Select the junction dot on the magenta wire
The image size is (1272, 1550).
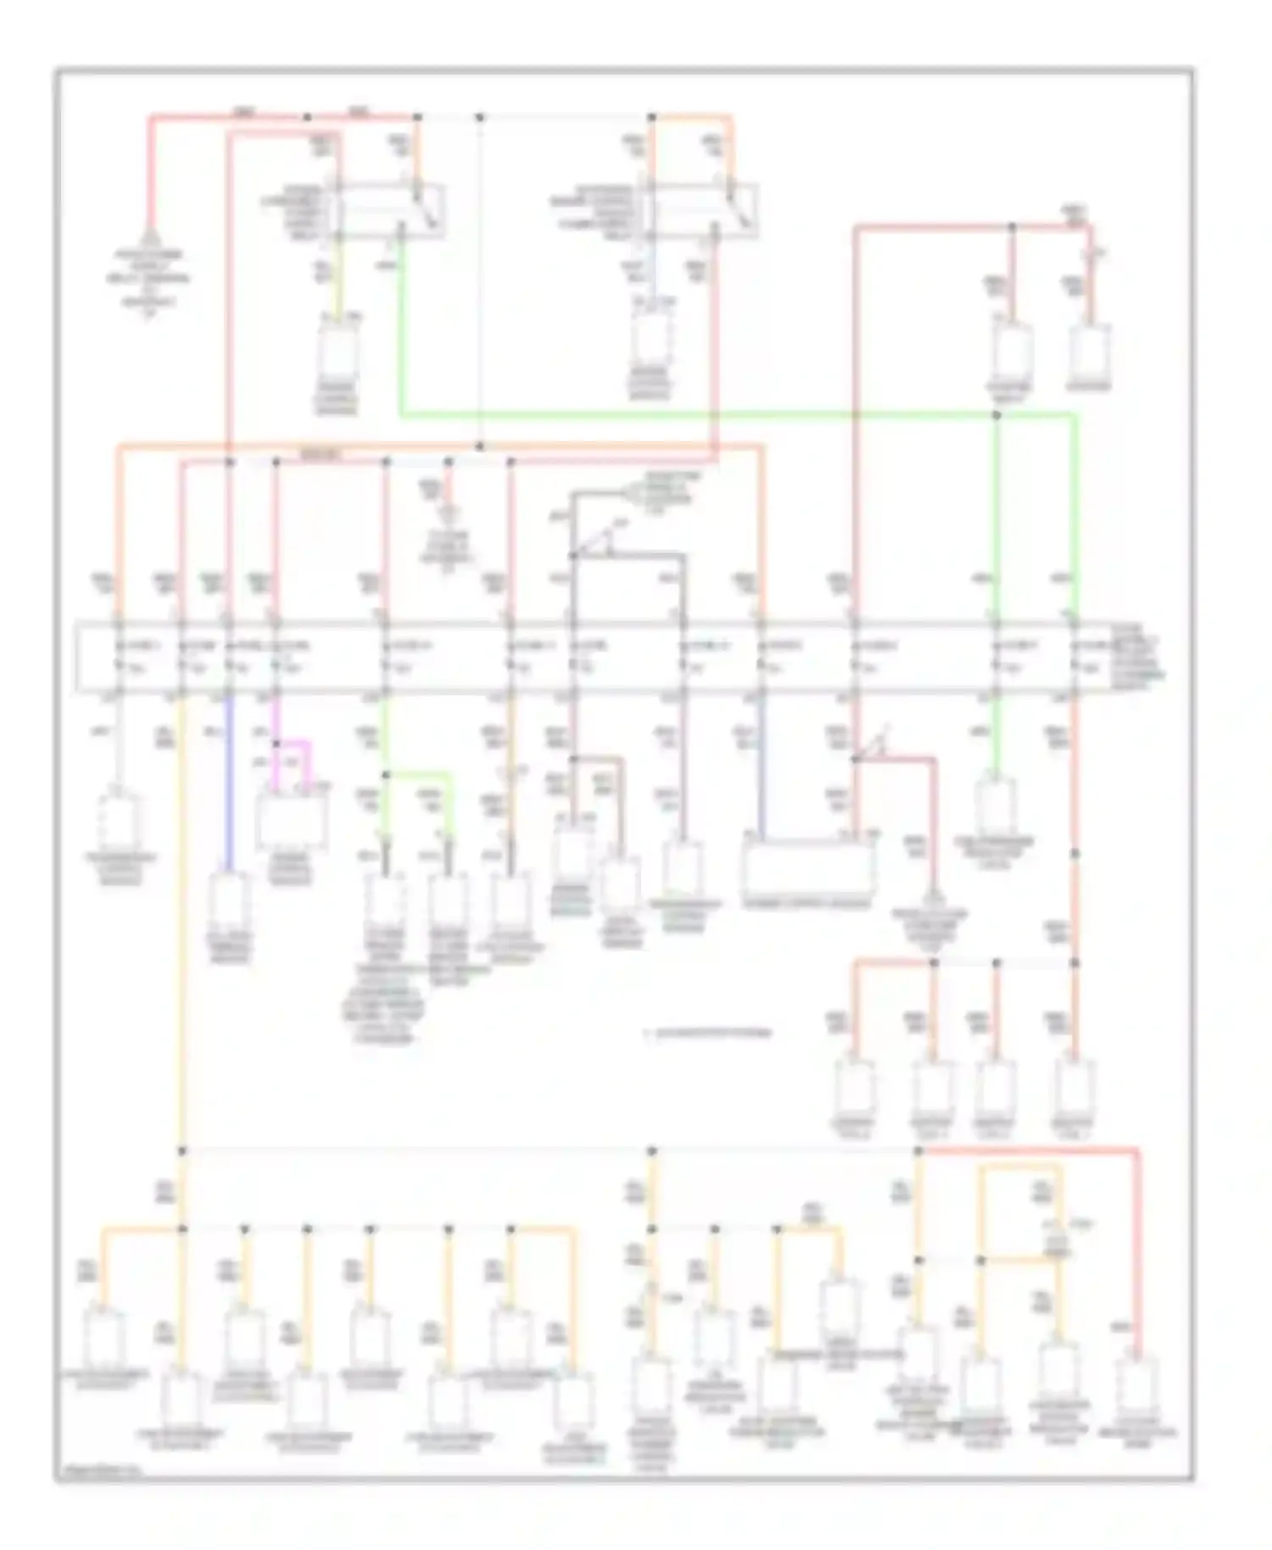click(x=276, y=744)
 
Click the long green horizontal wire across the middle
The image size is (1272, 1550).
click(x=695, y=415)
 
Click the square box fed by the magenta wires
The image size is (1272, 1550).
click(x=291, y=821)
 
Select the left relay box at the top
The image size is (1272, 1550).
click(x=390, y=209)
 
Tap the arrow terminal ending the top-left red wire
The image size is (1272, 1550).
click(x=150, y=237)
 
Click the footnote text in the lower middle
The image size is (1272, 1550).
click(x=709, y=1033)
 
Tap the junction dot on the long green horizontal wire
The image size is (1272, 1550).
click(x=996, y=415)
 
